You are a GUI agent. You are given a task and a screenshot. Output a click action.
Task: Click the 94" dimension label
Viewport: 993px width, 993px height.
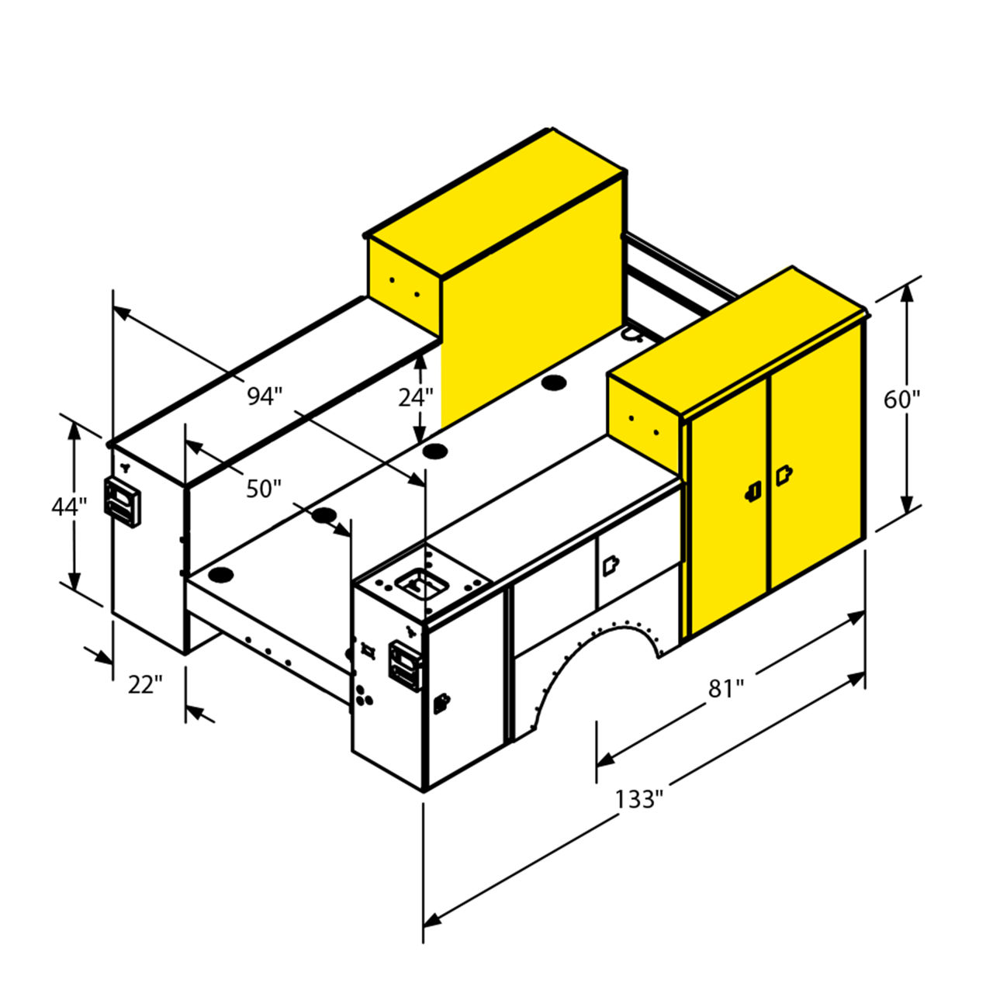click(x=265, y=396)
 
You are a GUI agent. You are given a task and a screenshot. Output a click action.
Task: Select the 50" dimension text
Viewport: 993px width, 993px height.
click(x=264, y=489)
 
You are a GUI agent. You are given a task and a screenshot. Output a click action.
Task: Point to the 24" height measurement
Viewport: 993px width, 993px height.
click(x=415, y=397)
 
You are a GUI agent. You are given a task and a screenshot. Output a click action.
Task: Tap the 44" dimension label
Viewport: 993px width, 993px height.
click(x=69, y=507)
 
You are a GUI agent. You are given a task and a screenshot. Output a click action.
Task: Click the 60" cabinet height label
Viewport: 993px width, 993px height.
click(x=901, y=400)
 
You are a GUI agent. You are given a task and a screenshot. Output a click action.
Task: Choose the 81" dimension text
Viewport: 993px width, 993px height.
click(x=727, y=689)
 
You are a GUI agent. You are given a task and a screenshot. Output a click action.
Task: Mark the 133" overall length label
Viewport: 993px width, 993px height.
click(x=638, y=799)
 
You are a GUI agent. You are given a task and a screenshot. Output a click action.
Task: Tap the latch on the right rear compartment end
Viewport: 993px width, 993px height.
click(x=405, y=666)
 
